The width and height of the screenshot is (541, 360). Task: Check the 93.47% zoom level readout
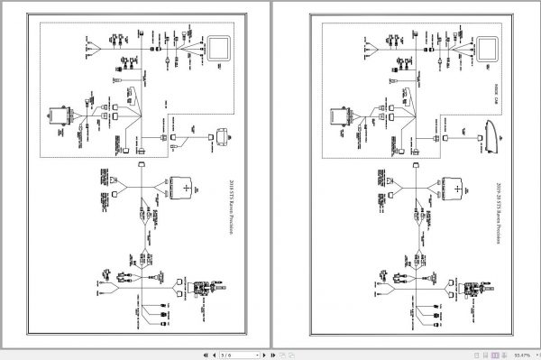520,354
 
